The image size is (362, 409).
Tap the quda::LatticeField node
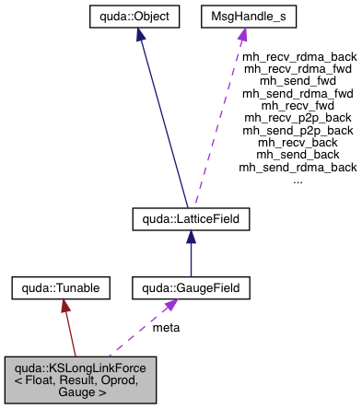tap(191, 218)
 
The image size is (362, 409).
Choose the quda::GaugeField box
tap(191, 288)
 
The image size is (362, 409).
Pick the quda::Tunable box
tap(60, 288)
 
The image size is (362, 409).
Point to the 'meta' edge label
tap(166, 327)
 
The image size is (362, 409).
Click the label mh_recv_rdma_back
tap(298, 56)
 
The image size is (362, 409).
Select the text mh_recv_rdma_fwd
tap(298, 68)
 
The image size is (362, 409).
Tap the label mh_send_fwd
tap(298, 81)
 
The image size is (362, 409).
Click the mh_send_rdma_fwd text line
tap(298, 93)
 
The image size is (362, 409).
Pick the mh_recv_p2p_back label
tap(298, 118)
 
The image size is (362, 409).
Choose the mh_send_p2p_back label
tap(298, 131)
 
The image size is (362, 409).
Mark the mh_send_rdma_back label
tap(298, 168)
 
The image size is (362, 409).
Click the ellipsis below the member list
tap(298, 180)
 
